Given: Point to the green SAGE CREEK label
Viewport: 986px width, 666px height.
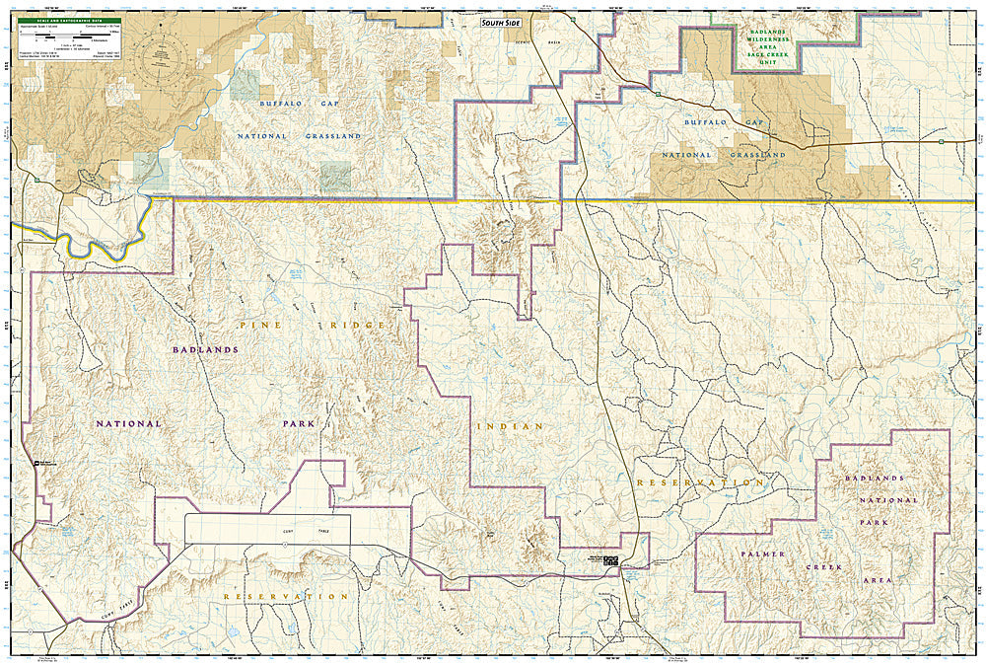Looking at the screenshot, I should point(765,58).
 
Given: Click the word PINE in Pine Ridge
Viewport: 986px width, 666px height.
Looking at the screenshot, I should point(249,324).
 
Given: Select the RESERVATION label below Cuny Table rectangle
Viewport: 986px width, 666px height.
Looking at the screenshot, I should point(285,597).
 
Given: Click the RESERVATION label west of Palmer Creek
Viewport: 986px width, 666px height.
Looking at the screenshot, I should point(700,482).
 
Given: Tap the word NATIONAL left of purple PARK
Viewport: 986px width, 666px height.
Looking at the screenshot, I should point(128,423).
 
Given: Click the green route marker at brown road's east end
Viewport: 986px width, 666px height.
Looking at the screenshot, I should point(941,141).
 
